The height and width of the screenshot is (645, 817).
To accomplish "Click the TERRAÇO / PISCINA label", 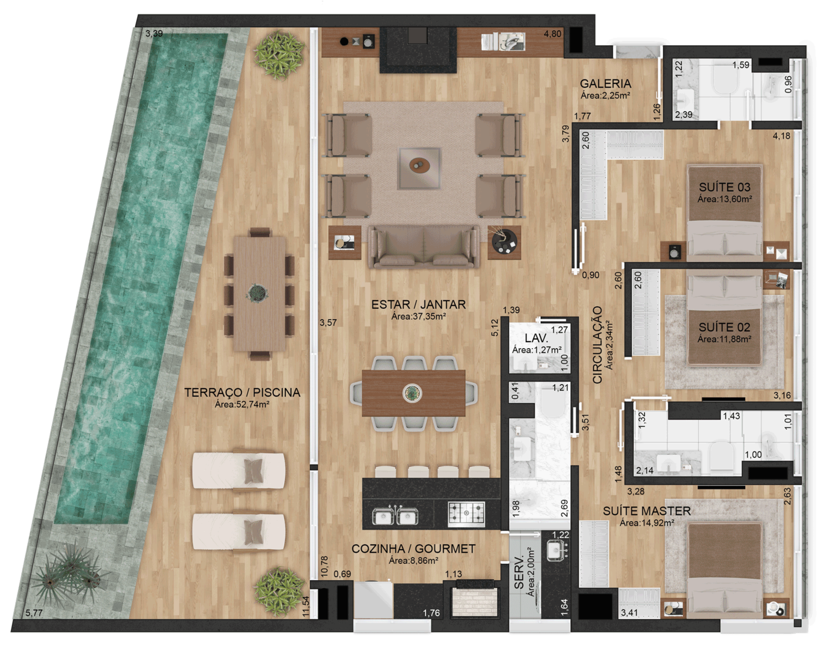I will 242,392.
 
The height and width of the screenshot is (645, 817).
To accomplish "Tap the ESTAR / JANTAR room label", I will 418,305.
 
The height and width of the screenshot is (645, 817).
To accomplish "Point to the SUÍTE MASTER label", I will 647,511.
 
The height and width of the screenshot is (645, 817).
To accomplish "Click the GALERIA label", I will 605,83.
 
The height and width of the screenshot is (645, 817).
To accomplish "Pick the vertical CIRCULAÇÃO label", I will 597,344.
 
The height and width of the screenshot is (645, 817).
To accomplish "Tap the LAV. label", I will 536,338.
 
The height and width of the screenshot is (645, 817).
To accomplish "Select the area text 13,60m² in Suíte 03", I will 724,199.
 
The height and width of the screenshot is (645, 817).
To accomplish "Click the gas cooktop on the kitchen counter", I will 466,513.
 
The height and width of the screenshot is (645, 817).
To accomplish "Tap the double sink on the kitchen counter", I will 394,515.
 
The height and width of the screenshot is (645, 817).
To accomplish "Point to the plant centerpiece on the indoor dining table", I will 412,392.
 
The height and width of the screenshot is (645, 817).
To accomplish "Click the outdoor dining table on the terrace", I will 259,294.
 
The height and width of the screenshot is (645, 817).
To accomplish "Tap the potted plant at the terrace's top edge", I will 280,51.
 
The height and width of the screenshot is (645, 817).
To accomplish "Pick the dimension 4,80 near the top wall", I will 552,34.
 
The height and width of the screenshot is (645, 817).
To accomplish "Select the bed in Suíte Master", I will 724,569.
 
